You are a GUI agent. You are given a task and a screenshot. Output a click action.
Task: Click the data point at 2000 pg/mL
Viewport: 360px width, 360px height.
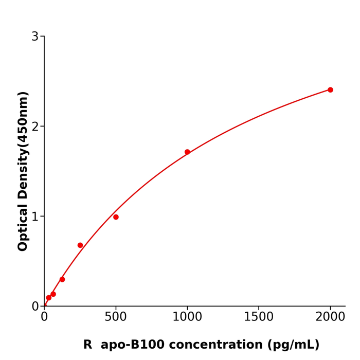[330, 90]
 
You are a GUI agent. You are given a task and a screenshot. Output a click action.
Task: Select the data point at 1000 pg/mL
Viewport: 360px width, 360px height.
[187, 152]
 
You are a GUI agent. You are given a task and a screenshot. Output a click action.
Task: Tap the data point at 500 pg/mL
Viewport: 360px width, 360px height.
[116, 217]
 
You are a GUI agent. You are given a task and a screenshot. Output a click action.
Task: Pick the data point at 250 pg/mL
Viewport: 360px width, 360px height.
[80, 245]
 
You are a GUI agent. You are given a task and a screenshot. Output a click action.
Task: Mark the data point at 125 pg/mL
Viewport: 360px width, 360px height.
[62, 279]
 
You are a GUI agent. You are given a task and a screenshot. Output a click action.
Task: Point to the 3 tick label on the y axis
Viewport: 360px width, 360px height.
[35, 37]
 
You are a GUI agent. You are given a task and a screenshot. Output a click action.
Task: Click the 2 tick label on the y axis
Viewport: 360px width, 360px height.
[35, 127]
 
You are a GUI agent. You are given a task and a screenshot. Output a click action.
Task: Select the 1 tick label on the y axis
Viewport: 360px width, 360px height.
[35, 217]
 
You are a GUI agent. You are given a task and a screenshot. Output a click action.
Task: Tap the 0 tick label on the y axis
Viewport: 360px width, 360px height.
[35, 307]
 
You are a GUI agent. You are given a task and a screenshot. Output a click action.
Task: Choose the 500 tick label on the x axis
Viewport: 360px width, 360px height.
[116, 317]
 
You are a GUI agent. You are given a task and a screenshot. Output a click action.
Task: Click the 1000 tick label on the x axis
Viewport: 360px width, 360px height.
[187, 317]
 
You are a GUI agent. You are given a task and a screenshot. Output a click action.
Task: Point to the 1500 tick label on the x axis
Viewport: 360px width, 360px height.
[259, 317]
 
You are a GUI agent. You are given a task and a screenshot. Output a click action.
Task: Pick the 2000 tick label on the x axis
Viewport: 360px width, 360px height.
[330, 317]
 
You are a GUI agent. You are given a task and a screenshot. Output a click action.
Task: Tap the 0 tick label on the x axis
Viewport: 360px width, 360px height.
[44, 317]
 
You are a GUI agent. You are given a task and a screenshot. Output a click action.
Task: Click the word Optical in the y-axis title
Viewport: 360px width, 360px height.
[23, 227]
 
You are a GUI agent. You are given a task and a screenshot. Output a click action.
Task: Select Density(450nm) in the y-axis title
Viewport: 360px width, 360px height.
[23, 147]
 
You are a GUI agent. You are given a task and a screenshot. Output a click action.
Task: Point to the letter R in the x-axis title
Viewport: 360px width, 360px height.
[87, 345]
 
